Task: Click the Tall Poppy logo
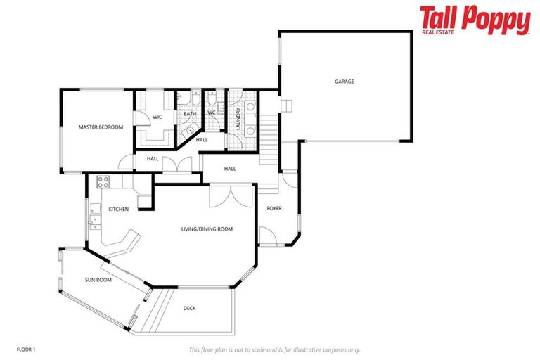[475, 20]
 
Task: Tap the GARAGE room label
[344, 82]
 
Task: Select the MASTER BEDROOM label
[101, 127]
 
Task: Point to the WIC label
[157, 117]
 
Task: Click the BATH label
[190, 114]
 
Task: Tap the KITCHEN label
[118, 210]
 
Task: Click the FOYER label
[274, 208]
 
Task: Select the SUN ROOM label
[98, 280]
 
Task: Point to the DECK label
[190, 308]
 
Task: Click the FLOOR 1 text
[26, 349]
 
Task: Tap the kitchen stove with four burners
[103, 181]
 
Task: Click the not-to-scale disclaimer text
[274, 349]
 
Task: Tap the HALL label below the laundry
[229, 169]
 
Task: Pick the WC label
[211, 112]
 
